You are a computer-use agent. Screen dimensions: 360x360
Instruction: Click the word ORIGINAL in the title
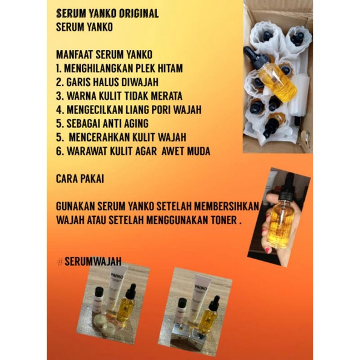(x=134, y=13)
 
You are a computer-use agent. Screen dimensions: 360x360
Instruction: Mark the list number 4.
(x=59, y=110)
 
